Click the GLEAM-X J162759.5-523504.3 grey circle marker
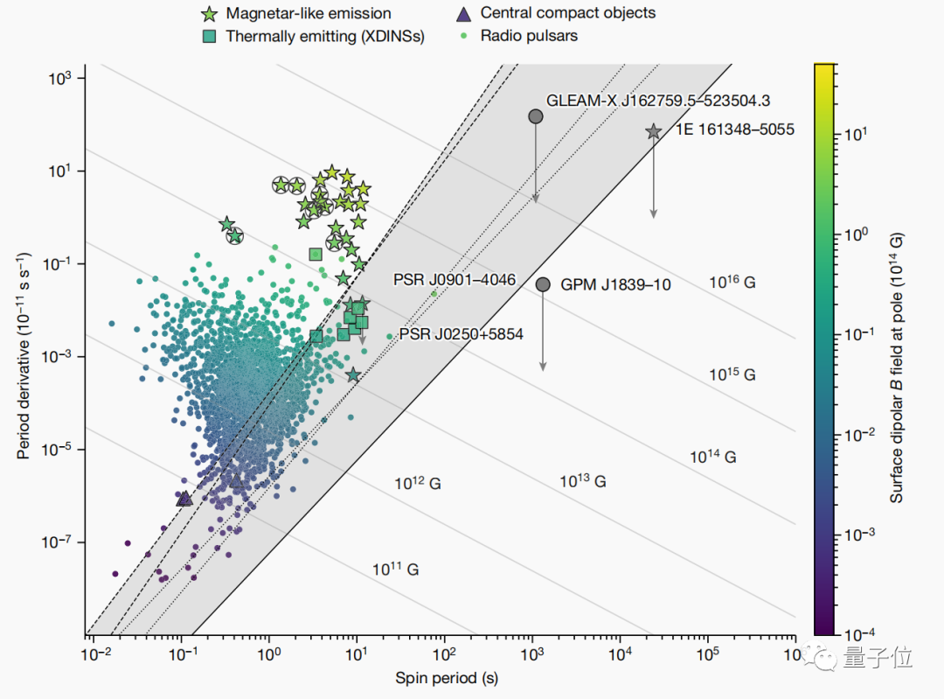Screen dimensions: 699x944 (536, 116)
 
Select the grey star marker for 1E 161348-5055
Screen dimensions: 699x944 (653, 131)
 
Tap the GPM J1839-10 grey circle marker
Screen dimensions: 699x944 (543, 284)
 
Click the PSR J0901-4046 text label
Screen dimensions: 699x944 (455, 280)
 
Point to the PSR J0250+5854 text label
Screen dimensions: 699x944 (461, 334)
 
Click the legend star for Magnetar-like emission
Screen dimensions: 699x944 (208, 14)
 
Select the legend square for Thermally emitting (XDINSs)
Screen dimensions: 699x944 (208, 36)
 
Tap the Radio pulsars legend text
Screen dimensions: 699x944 (529, 36)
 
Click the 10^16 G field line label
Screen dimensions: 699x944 (732, 282)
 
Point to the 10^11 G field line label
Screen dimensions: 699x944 (396, 569)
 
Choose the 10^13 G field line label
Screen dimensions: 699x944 (583, 481)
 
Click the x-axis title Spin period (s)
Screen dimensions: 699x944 (447, 678)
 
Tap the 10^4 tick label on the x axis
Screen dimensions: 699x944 (620, 654)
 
